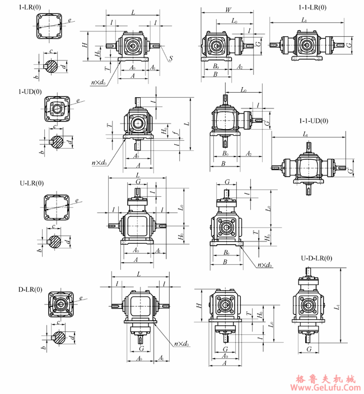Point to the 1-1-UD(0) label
[314, 120]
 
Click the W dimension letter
[228, 10]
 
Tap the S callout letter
[170, 58]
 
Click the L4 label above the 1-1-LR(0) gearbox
[304, 20]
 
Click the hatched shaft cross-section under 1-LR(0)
[52, 66]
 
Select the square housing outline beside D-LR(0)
[59, 305]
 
